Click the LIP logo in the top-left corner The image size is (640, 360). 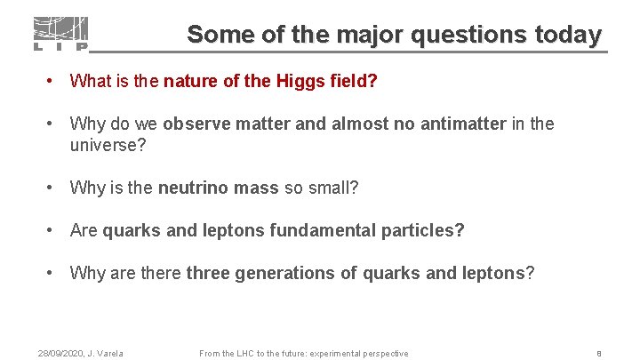(60, 34)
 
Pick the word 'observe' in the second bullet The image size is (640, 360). (195, 124)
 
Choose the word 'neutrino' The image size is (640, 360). (191, 188)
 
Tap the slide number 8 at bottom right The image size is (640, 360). (599, 354)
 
